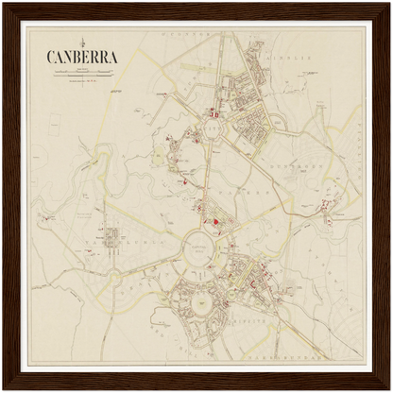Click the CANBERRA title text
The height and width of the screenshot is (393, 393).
point(82,57)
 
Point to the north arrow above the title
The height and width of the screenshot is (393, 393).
point(82,41)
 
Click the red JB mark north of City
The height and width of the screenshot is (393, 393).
point(215,115)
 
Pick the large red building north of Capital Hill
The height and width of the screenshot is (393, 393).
point(216,222)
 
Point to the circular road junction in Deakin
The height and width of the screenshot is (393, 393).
point(114,278)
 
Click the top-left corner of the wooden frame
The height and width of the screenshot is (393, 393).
point(3,3)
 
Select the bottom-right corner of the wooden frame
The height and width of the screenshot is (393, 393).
point(389,389)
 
